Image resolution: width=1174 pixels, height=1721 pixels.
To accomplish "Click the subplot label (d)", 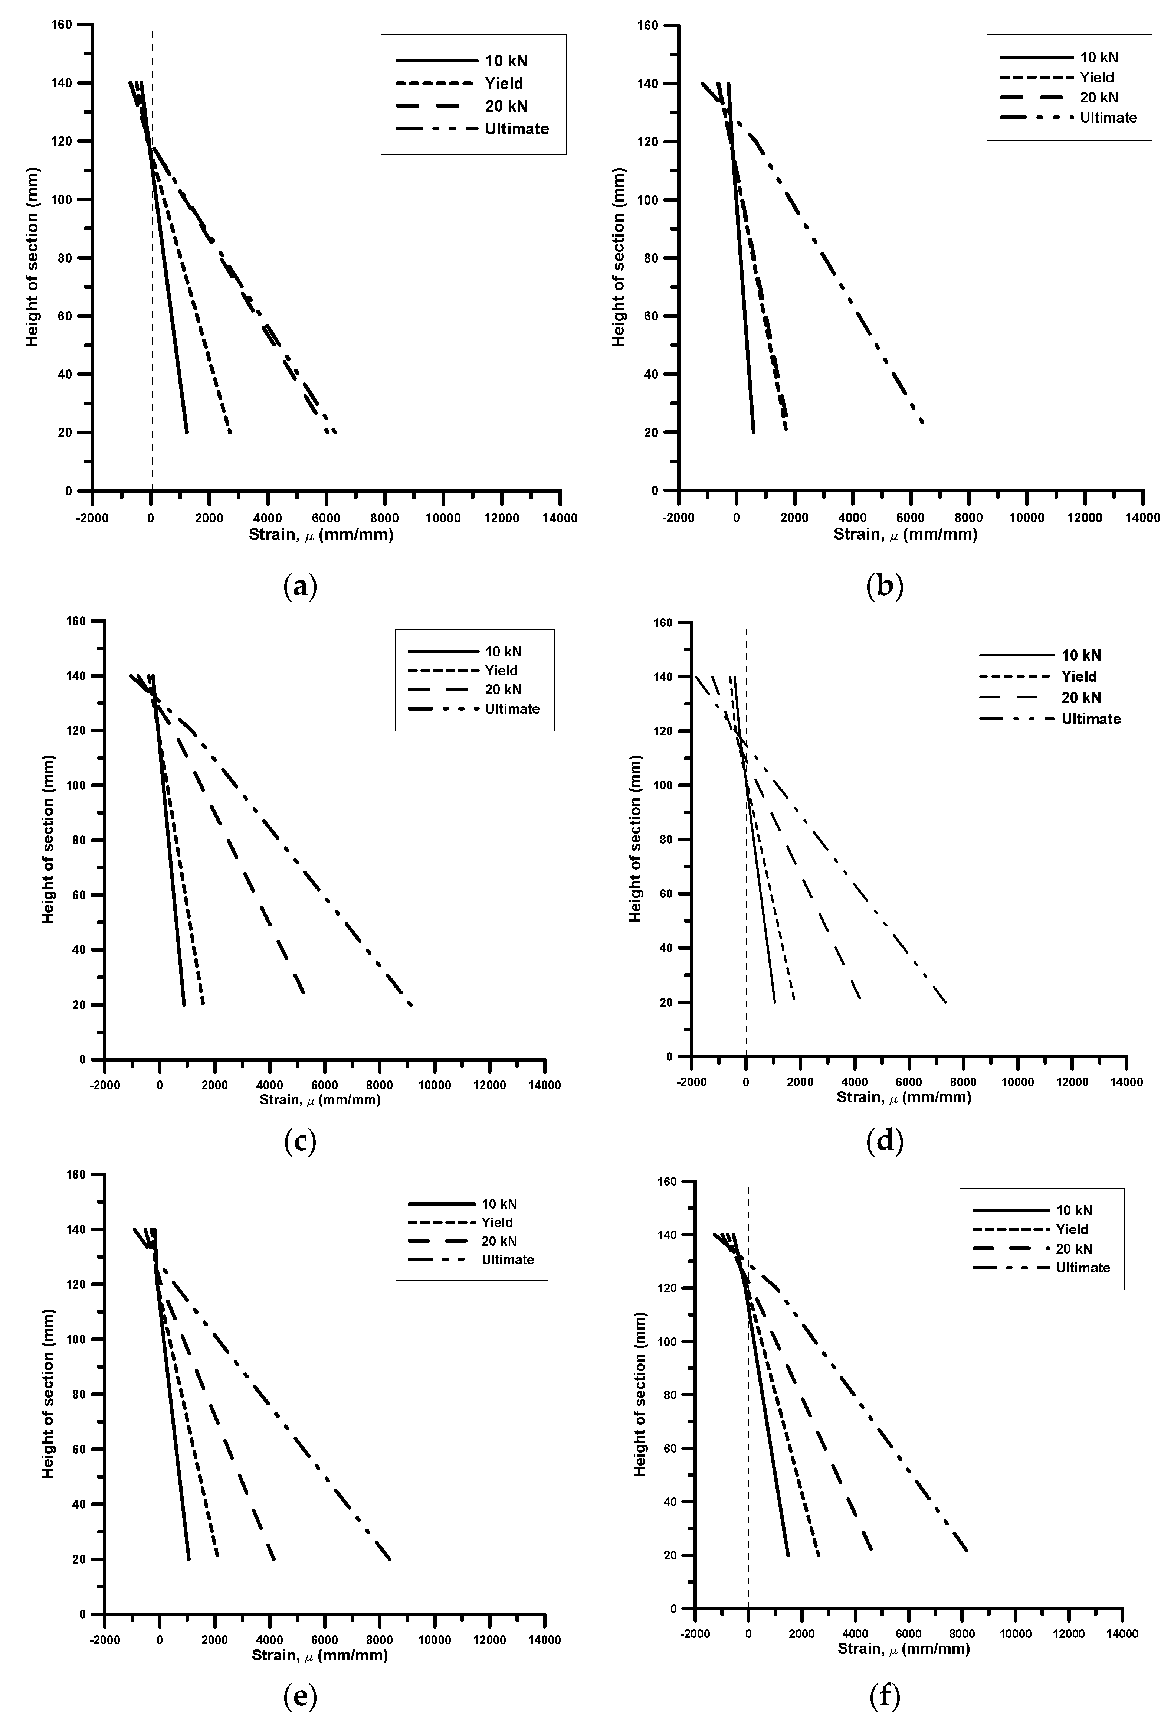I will (x=885, y=1143).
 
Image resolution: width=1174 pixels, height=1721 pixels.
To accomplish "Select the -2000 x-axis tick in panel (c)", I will (x=105, y=1086).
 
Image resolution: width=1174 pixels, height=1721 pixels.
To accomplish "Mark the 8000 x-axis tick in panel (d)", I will (x=963, y=1082).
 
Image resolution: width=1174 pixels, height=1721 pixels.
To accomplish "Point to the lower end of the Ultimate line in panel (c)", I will (x=411, y=1005).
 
